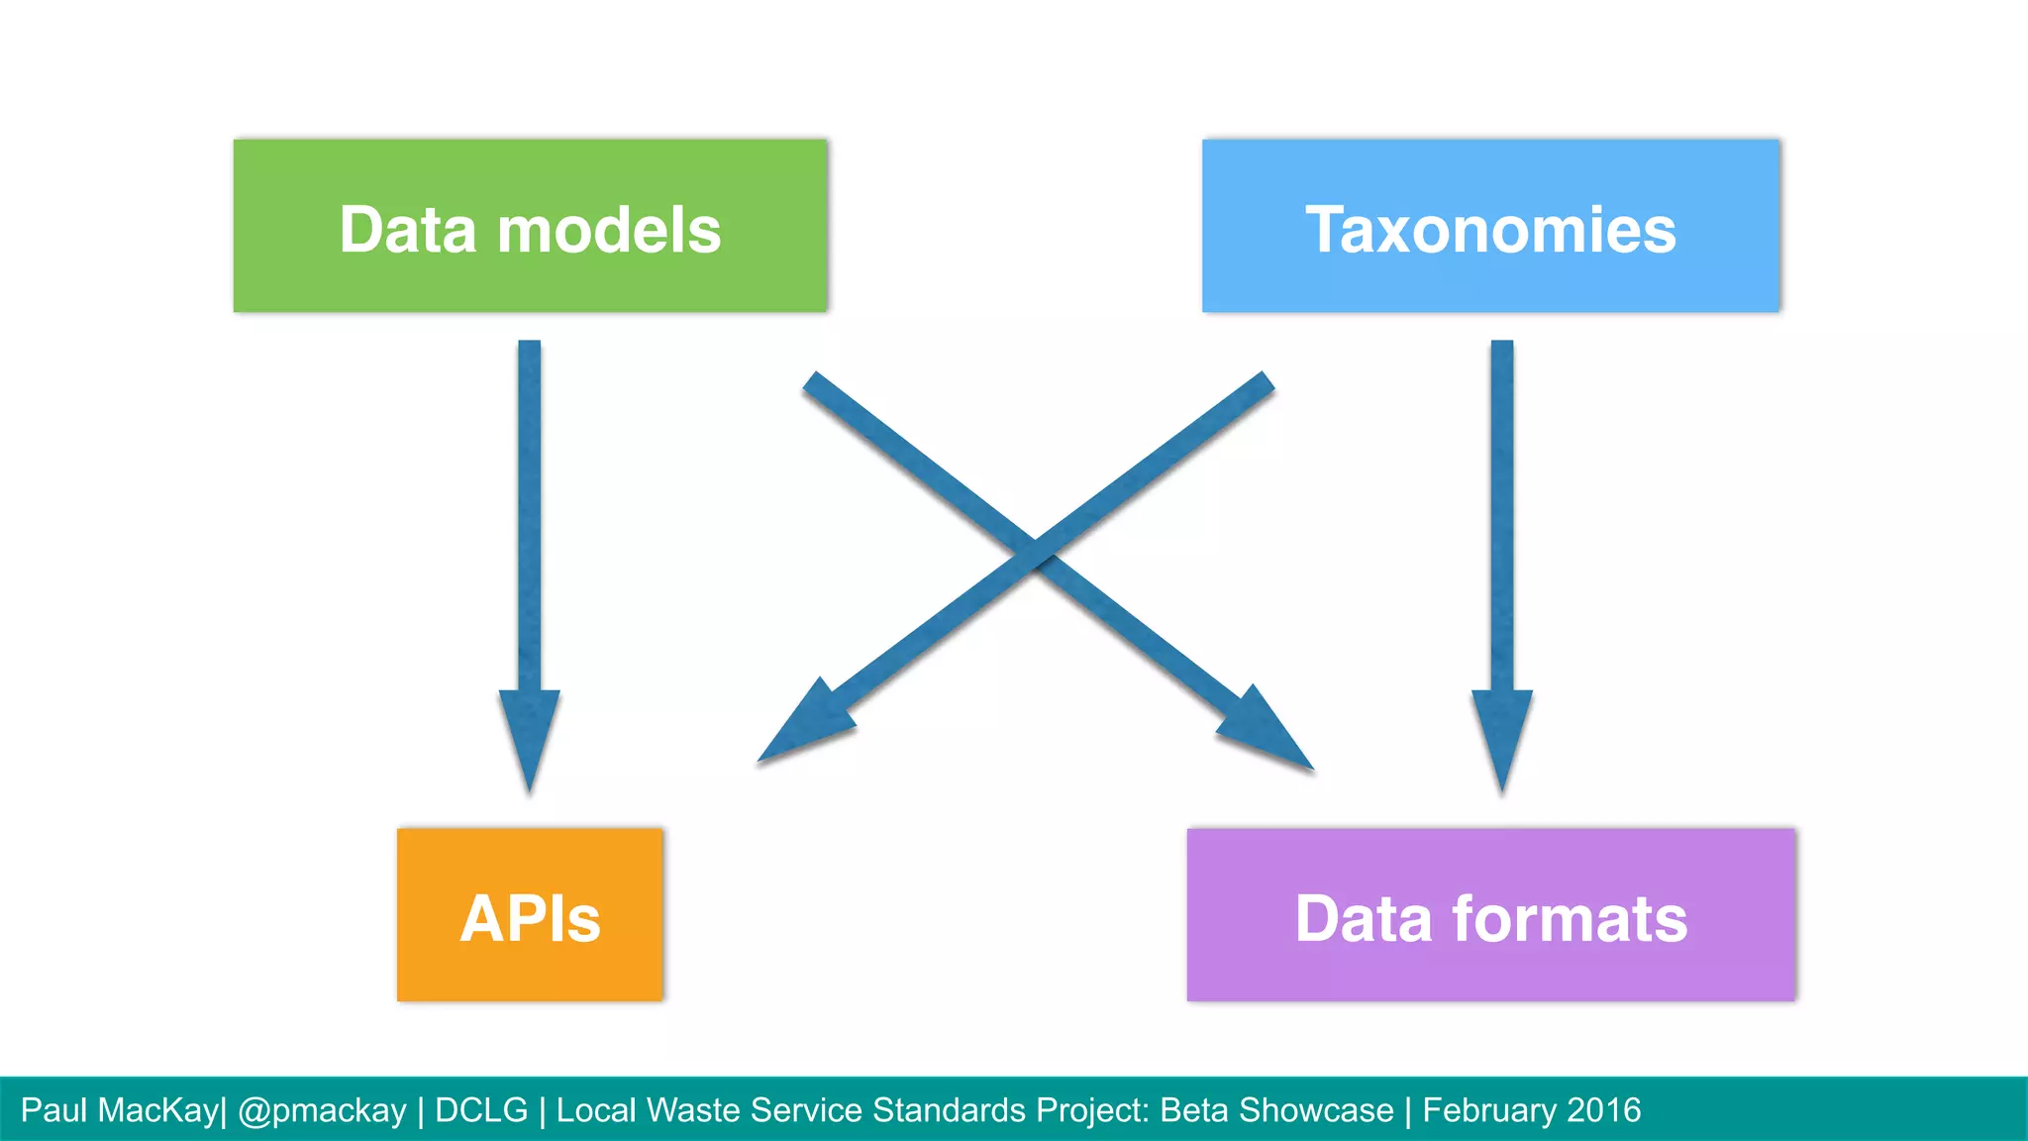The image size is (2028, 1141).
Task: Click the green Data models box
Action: (530, 226)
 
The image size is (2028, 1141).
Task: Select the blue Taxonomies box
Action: (1490, 226)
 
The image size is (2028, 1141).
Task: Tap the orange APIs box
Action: (530, 915)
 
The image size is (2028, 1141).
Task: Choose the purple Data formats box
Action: (1490, 915)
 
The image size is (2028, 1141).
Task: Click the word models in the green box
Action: (608, 230)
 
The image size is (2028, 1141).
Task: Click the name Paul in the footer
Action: (53, 1110)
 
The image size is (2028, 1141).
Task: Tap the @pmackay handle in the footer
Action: (322, 1111)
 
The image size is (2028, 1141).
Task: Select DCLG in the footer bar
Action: (481, 1110)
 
